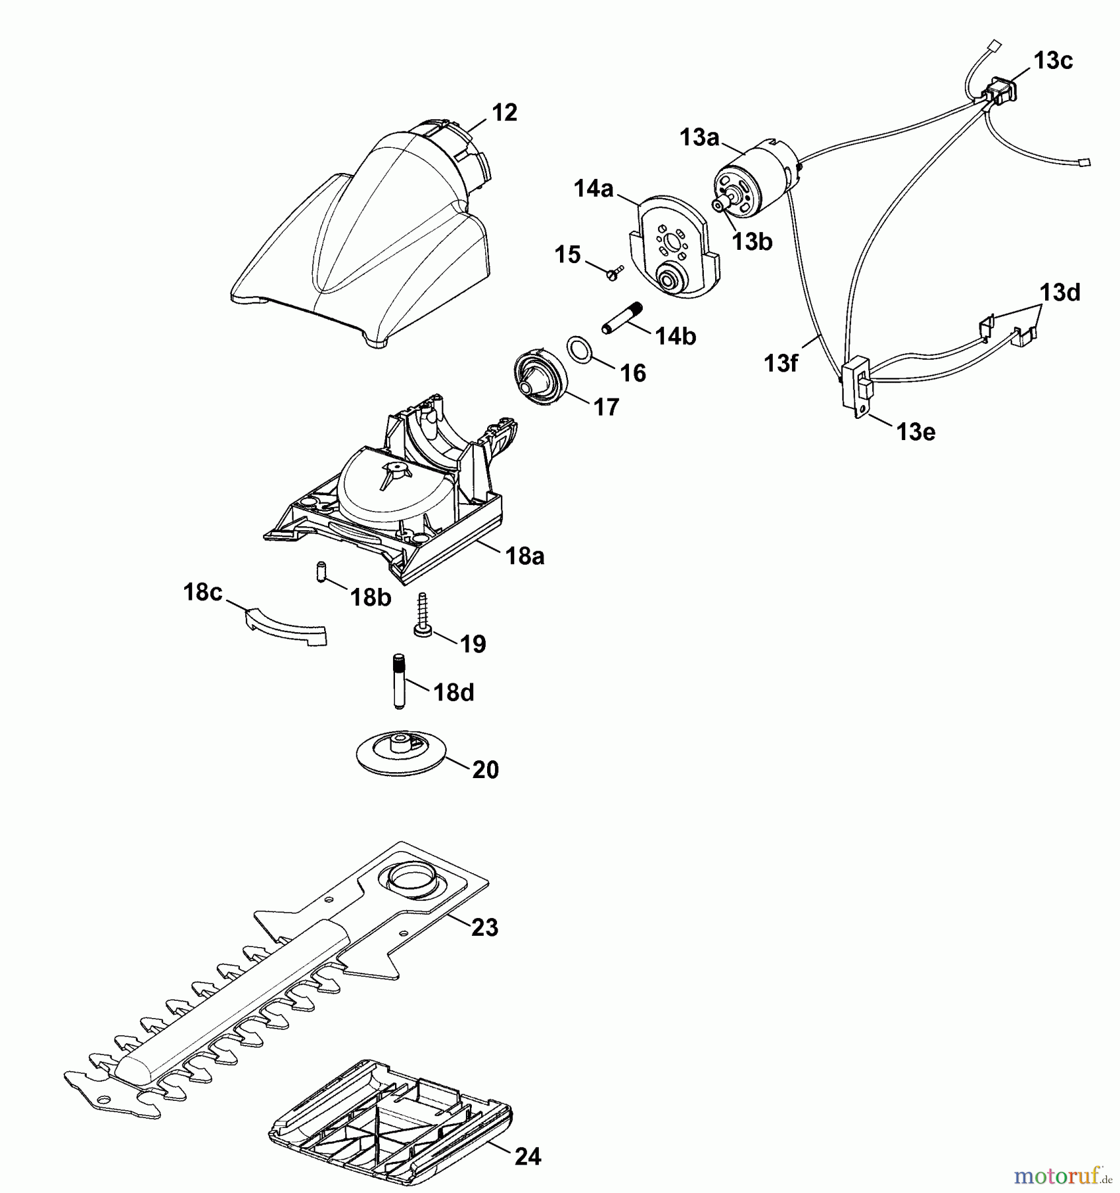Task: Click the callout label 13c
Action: (x=1053, y=61)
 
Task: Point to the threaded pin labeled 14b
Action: (x=624, y=319)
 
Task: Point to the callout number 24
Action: (x=528, y=1157)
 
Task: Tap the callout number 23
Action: (x=484, y=927)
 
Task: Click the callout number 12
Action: (x=504, y=113)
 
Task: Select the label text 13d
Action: (x=1060, y=292)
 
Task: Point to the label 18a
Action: (x=524, y=556)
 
